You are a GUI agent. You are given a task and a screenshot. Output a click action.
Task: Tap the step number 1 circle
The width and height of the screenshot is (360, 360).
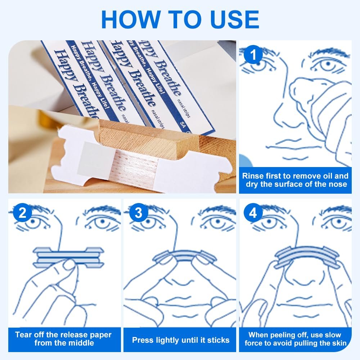[253, 56]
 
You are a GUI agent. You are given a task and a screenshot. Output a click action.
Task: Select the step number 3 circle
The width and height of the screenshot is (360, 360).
[138, 213]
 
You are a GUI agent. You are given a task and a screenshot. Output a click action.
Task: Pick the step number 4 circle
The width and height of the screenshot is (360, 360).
[253, 213]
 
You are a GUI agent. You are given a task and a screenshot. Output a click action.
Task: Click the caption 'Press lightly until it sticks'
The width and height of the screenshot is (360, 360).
[180, 340]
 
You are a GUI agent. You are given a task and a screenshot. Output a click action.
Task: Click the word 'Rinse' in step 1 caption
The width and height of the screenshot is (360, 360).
[253, 176]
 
